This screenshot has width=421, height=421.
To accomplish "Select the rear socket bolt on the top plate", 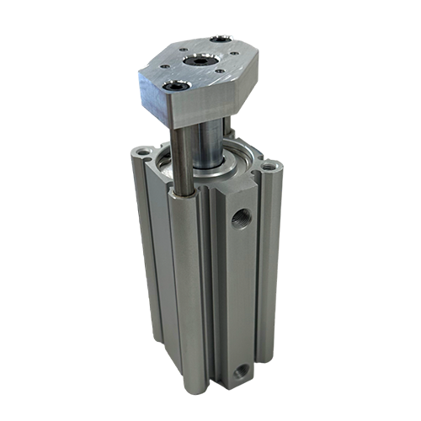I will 220,40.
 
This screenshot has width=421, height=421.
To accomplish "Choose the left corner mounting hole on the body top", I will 138,152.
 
